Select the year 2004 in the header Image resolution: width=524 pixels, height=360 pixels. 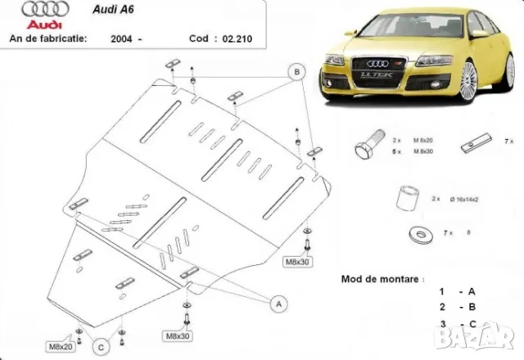[x=123, y=38]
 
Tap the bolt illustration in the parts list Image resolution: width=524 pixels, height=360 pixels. [x=366, y=148]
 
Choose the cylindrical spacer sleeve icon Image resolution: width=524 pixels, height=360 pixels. [x=407, y=200]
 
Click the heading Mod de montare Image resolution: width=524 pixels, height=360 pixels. [x=382, y=279]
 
